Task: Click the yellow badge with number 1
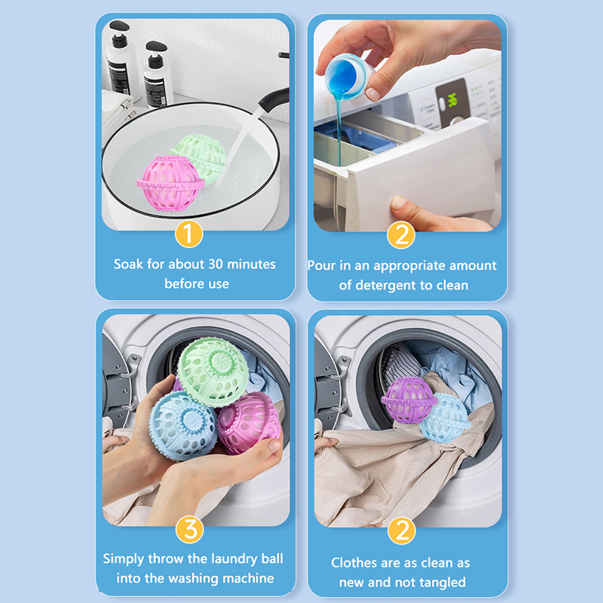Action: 189,234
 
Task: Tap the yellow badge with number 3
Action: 190,530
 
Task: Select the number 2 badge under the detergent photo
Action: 401,234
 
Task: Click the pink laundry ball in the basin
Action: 170,183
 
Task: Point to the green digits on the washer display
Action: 452,100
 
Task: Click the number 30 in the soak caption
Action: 216,264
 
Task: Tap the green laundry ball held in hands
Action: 213,371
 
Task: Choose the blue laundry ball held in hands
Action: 182,425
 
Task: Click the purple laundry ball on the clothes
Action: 409,400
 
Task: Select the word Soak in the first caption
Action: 128,264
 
